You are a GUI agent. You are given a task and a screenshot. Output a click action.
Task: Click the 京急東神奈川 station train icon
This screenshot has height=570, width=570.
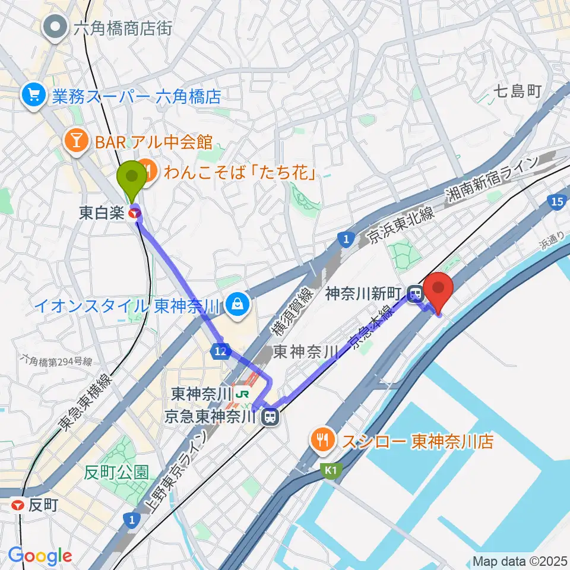coord(270,417)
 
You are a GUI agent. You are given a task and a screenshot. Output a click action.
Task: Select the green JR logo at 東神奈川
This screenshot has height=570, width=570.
coord(241,394)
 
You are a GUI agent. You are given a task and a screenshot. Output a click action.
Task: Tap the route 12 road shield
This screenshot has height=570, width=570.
coord(220,352)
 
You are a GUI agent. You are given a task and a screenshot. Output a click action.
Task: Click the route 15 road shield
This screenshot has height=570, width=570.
coord(556,203)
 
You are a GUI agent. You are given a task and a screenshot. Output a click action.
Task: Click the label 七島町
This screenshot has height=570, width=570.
coord(517,91)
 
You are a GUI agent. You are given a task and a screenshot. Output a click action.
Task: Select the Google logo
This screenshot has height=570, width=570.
coord(40,555)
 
